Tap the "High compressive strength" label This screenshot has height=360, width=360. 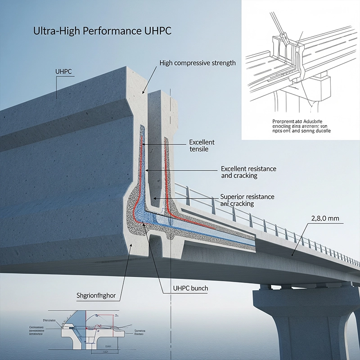[198, 63]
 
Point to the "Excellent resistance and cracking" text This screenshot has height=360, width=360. [248, 172]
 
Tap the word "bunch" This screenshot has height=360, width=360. [202, 288]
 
